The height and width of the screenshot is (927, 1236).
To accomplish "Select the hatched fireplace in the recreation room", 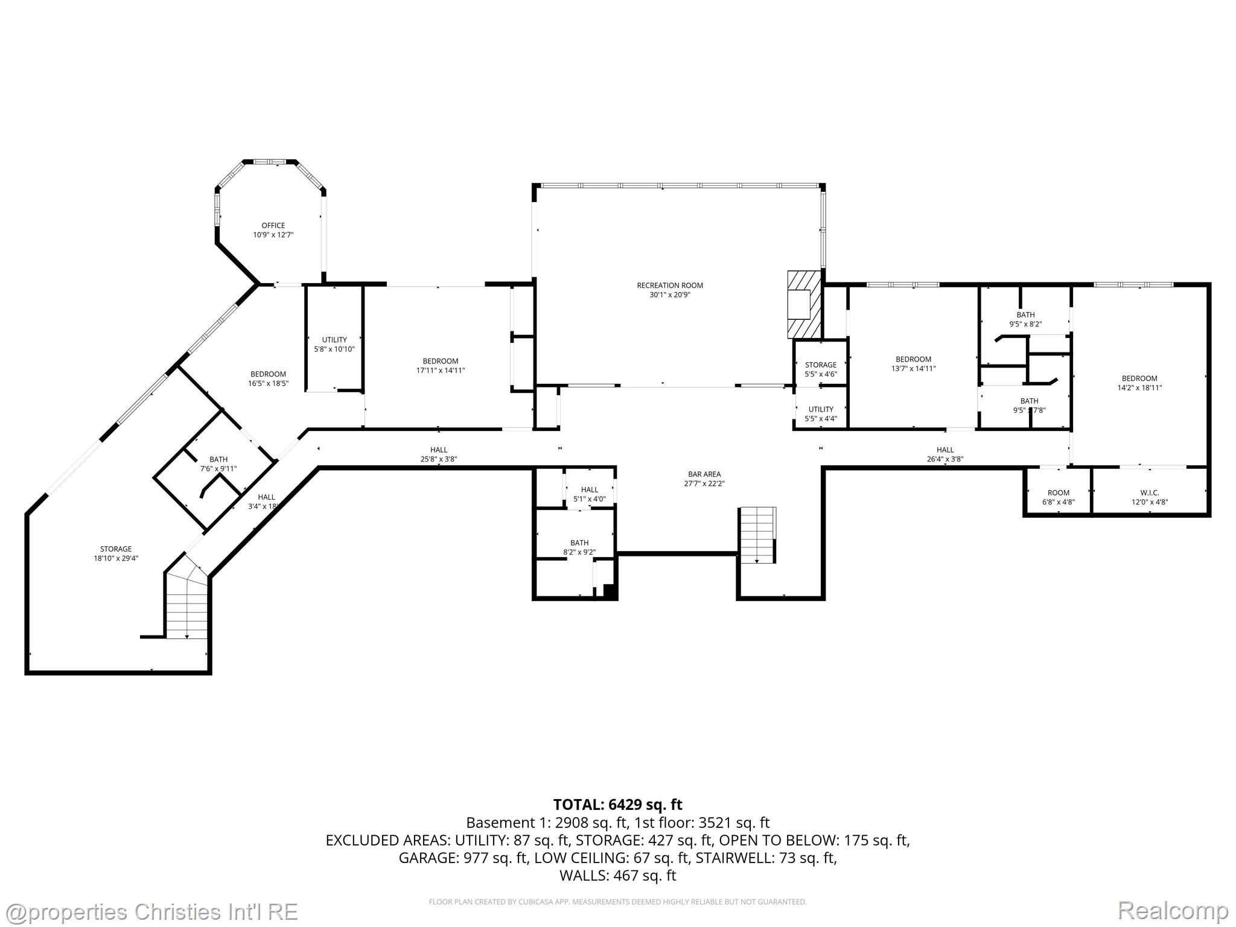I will coord(805,304).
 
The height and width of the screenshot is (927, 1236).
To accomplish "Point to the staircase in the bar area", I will coord(757,535).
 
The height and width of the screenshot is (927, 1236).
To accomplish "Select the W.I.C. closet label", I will coord(1150,492).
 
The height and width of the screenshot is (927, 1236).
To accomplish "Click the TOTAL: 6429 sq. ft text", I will coord(617,804).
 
